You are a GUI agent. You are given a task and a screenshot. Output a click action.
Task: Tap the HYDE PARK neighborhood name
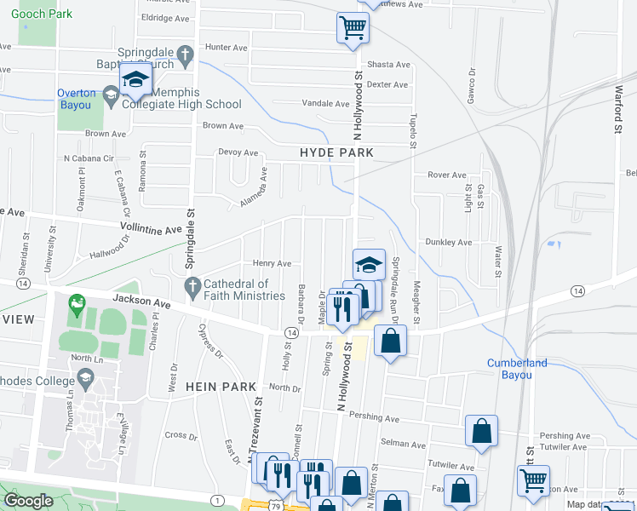tap(337, 152)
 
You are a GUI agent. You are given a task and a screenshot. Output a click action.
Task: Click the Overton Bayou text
tap(87, 94)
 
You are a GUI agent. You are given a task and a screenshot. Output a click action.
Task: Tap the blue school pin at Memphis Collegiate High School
tap(135, 80)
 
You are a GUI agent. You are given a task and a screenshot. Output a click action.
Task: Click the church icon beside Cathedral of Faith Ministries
tap(192, 285)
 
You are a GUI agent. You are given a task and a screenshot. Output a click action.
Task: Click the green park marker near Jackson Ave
tap(77, 302)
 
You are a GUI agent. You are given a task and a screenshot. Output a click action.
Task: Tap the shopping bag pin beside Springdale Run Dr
tap(390, 341)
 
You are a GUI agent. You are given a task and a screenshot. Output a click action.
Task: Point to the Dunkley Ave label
tap(449, 243)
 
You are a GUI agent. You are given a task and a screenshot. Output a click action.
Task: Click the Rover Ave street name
tap(447, 175)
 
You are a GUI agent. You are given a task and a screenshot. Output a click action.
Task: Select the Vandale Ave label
tap(326, 104)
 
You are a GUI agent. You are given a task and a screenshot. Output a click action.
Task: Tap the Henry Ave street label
tap(273, 264)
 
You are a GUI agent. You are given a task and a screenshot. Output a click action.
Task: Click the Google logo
tap(28, 501)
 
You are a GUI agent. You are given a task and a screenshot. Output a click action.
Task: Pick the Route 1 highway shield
tap(219, 500)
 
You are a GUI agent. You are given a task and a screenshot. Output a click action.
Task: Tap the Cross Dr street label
tap(181, 434)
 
